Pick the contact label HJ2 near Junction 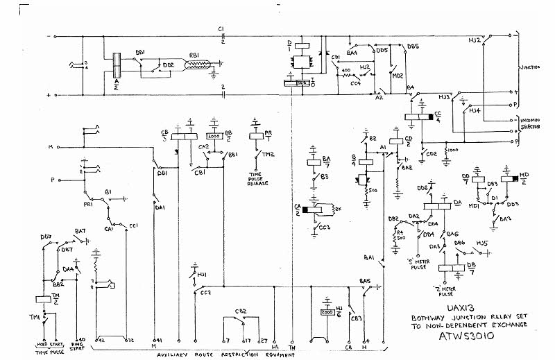pos(475,42)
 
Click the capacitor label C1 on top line pos(221,28)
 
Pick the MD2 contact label pos(398,76)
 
